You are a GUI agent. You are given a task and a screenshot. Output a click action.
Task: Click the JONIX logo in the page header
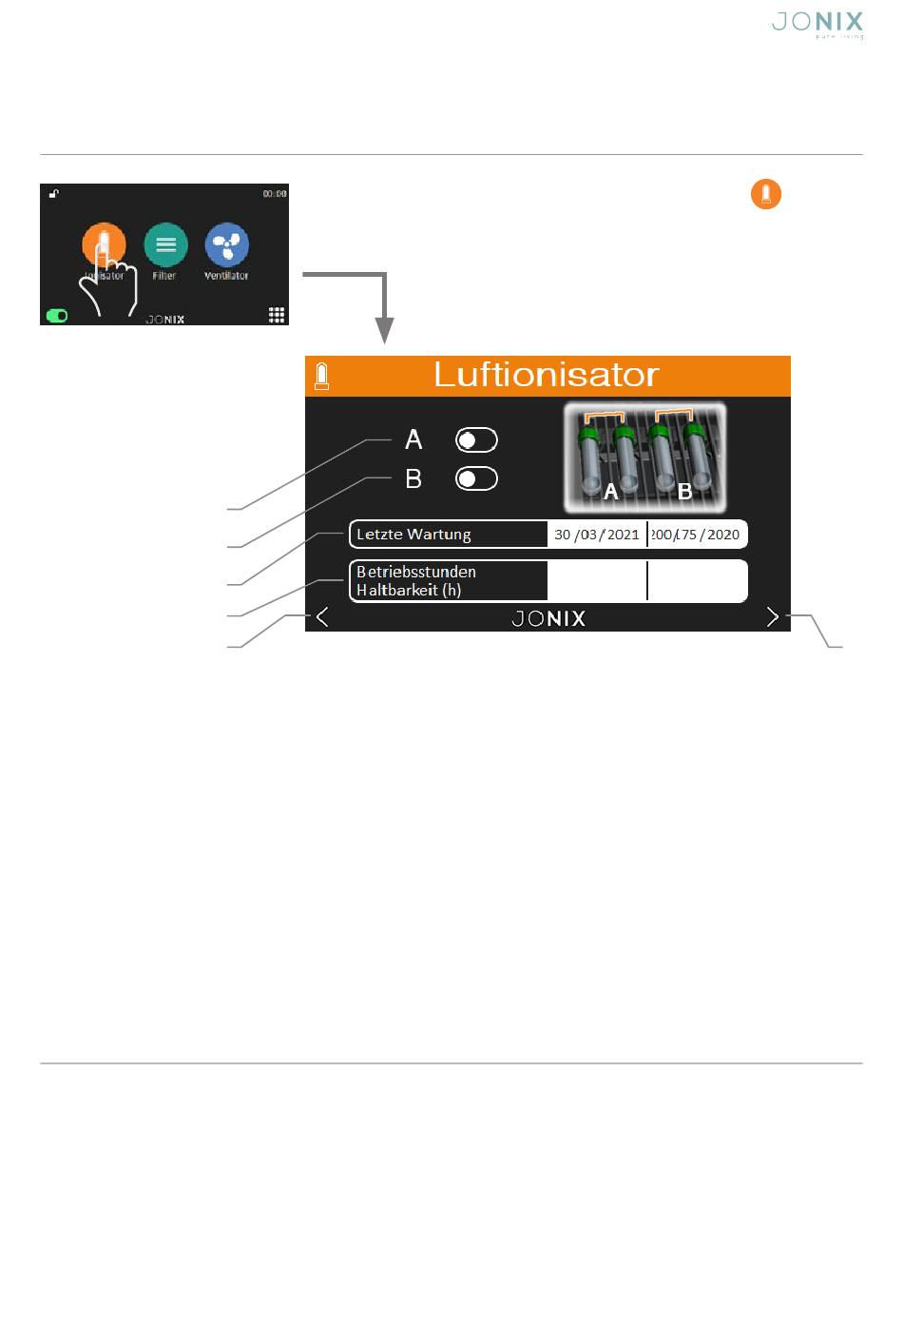point(817,24)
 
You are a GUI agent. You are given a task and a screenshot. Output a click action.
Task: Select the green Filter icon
point(165,244)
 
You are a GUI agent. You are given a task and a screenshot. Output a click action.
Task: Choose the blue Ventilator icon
point(226,244)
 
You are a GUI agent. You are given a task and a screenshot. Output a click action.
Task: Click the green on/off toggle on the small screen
point(57,316)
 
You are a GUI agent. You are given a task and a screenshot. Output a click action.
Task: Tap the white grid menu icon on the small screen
point(277,315)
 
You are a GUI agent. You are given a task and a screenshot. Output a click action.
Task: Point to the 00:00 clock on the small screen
point(275,194)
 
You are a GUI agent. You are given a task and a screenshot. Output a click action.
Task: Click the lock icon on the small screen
point(54,194)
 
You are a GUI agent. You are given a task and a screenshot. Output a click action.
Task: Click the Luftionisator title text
point(546,375)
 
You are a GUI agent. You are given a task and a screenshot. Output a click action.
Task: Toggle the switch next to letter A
point(476,439)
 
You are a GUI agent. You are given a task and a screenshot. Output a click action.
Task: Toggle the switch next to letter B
point(476,478)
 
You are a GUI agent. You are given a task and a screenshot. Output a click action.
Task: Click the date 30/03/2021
point(596,535)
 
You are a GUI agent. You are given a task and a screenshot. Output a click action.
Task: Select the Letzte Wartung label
point(413,535)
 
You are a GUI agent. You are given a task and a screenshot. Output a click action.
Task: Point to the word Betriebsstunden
point(415,572)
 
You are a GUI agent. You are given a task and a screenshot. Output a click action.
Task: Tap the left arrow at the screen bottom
point(322,617)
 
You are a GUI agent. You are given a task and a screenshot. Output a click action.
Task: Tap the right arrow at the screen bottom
point(772,617)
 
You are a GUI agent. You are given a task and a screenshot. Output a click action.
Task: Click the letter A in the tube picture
point(611,492)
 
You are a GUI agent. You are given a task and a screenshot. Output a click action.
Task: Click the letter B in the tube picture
point(684,492)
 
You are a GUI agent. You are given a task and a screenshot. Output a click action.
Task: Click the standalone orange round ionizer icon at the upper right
point(765,194)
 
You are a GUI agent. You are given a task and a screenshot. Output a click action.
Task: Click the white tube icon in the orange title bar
point(321,376)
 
